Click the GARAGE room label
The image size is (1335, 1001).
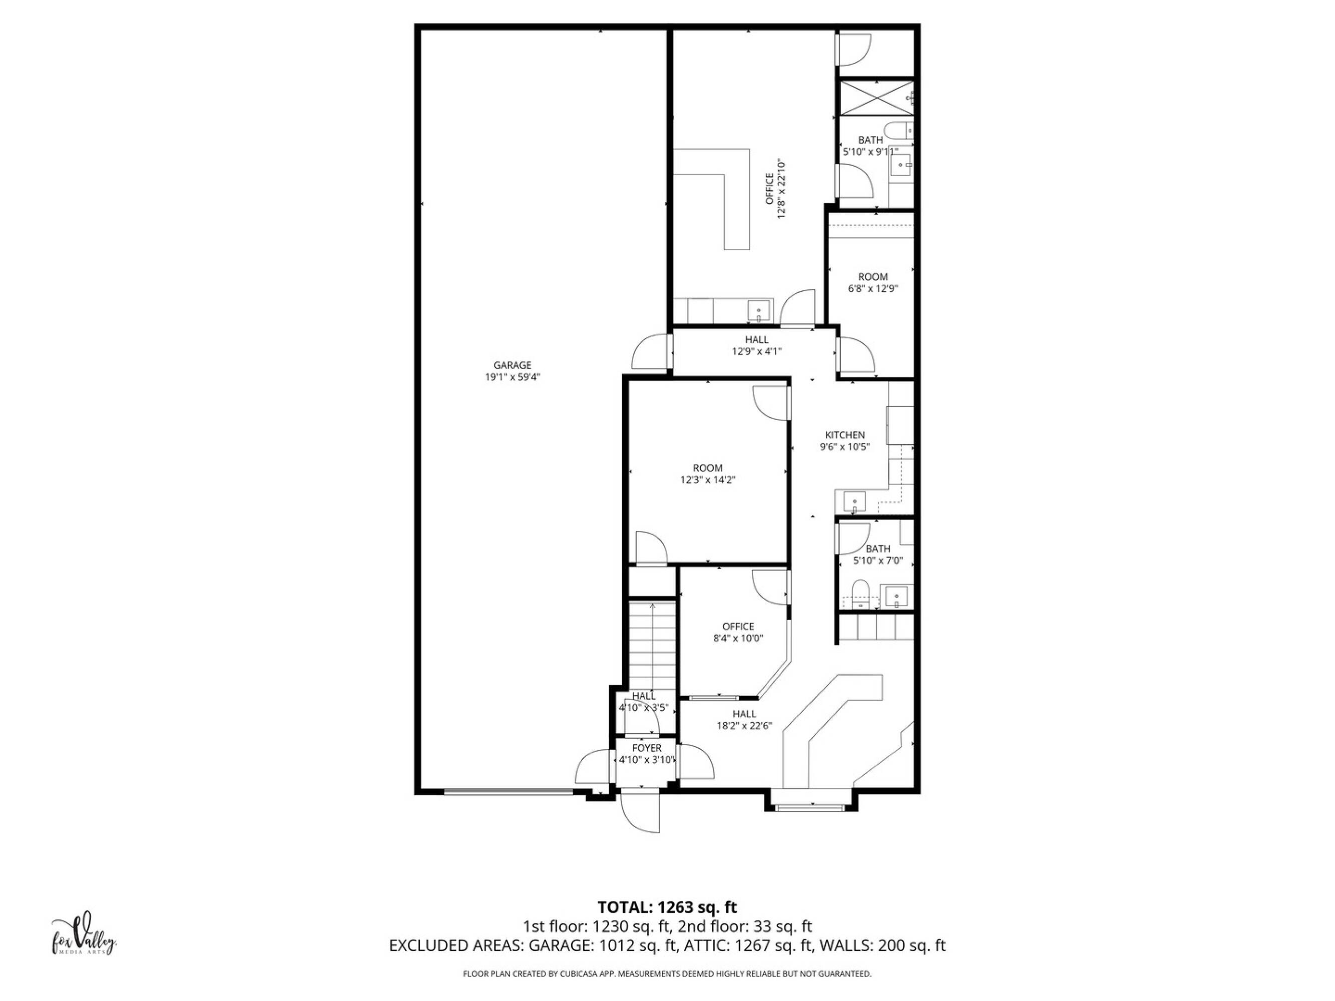pyautogui.click(x=513, y=365)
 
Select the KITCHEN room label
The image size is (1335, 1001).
pyautogui.click(x=845, y=435)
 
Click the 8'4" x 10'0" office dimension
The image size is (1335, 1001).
pyautogui.click(x=738, y=638)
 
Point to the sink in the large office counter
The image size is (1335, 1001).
pyautogui.click(x=759, y=311)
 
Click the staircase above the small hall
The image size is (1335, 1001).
pyautogui.click(x=652, y=646)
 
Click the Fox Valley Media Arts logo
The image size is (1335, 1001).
pyautogui.click(x=83, y=935)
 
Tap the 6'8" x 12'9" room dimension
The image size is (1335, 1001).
pyautogui.click(x=872, y=288)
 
